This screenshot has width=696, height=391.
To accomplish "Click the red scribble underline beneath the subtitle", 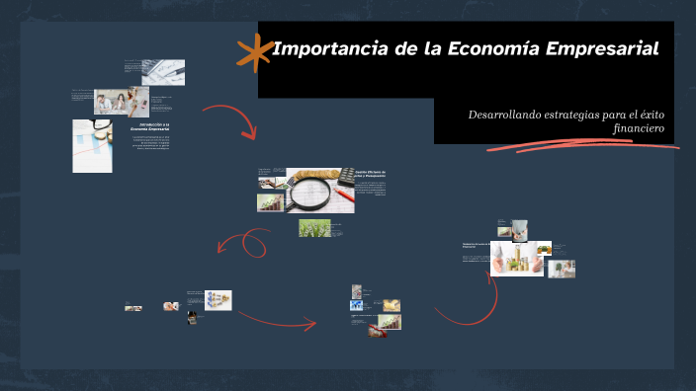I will click(583, 147).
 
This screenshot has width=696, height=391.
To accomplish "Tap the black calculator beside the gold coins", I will click(346, 177).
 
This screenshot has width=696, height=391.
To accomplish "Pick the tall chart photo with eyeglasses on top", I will click(92, 146).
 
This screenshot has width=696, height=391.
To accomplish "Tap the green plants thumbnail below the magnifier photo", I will click(314, 228).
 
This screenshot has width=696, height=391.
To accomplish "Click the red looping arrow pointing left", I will click(242, 244).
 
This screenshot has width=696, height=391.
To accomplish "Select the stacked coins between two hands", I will click(516, 258).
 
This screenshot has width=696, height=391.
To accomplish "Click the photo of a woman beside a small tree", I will click(561, 268).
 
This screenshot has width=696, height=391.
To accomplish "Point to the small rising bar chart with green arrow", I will click(270, 201).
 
